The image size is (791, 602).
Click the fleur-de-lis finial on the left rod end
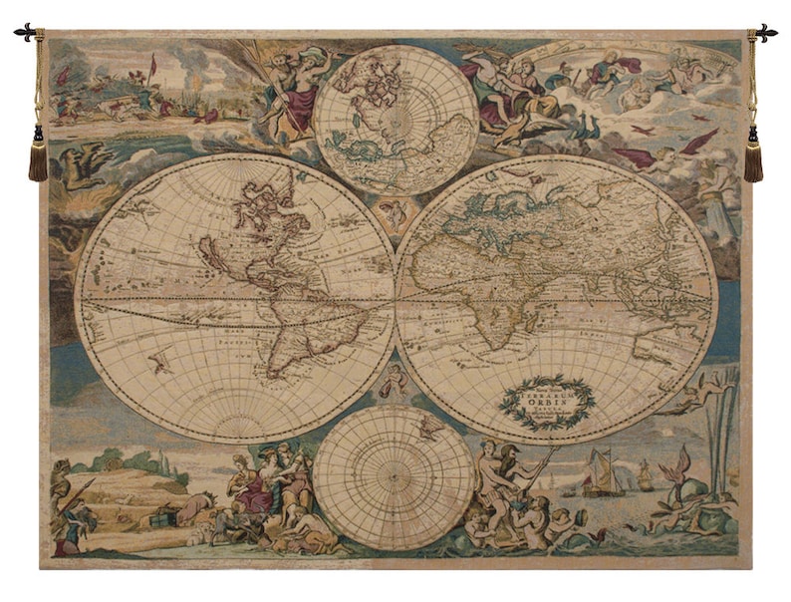(25, 33)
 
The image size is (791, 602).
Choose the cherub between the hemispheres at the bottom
(395, 377)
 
